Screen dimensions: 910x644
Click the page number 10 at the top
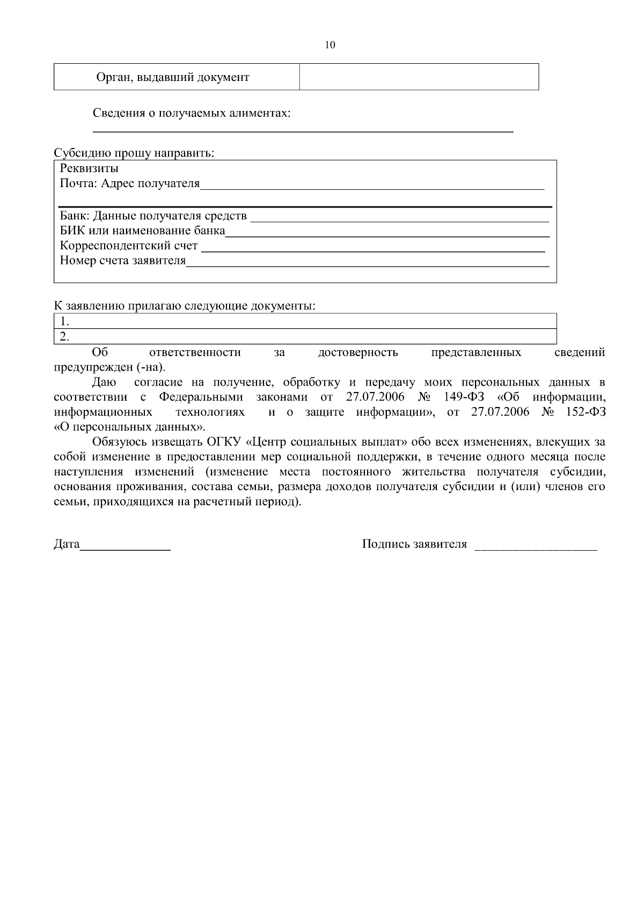click(330, 45)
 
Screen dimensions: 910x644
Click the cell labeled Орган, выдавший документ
click(172, 77)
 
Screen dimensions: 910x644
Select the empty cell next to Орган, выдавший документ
click(419, 77)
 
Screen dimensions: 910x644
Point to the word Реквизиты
click(89, 168)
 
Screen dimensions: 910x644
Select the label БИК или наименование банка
click(143, 231)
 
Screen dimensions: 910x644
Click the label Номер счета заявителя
click(123, 261)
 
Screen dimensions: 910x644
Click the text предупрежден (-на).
click(110, 368)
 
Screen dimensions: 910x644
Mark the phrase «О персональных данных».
click(129, 427)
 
